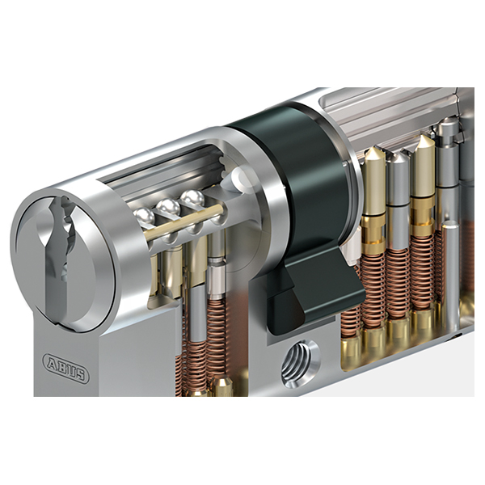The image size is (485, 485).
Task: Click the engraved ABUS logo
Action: [65, 368]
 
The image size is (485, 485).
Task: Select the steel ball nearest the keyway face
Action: [144, 217]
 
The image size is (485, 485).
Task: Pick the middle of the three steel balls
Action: [168, 207]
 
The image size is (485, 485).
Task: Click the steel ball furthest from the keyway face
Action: [193, 199]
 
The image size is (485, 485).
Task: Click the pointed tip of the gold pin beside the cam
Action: [374, 150]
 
